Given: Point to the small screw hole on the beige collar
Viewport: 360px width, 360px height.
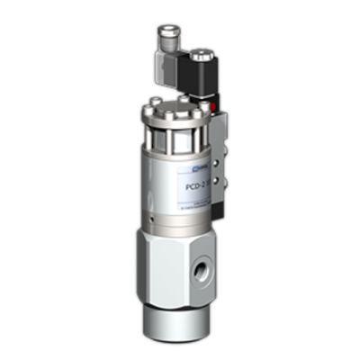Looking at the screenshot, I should (155, 218).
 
